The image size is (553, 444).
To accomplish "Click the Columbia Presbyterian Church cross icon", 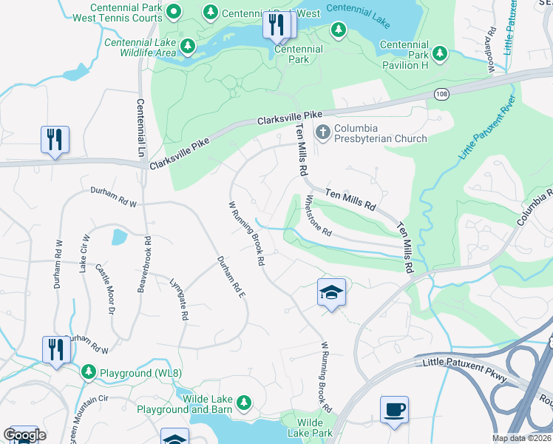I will tap(323, 132).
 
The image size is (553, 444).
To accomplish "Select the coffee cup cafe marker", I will tap(394, 409).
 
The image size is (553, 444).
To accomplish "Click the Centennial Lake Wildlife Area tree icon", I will tap(188, 47).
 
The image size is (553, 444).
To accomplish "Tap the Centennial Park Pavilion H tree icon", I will tap(440, 53).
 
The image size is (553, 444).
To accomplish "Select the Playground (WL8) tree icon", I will tap(89, 370).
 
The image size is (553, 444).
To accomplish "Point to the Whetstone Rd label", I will tap(319, 215).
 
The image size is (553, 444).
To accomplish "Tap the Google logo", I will tap(24, 435).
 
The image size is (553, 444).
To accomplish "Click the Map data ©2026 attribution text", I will tap(520, 438).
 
